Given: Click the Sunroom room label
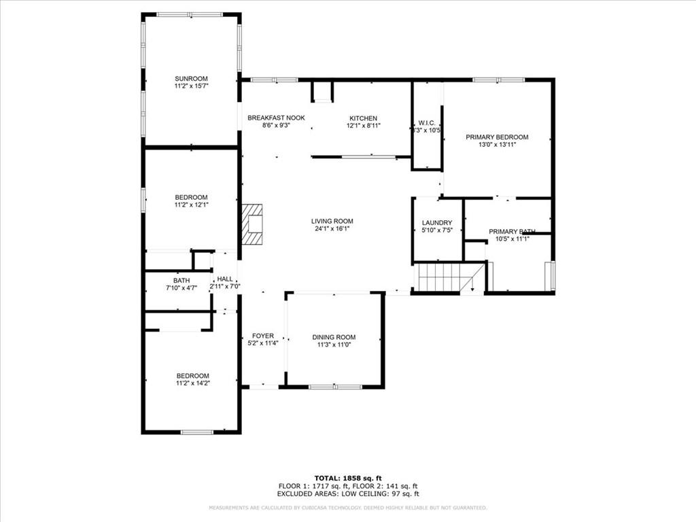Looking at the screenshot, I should [x=190, y=78].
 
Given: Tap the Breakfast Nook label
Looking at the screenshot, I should [x=276, y=118].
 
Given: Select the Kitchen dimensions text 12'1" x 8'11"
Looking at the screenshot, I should [x=363, y=126].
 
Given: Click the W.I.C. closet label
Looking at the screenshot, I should [x=417, y=123].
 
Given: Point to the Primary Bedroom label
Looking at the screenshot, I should [x=497, y=137].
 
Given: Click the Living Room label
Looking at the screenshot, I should [x=332, y=221].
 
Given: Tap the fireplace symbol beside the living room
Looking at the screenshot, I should [x=253, y=224].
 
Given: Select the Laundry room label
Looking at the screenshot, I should [x=437, y=222].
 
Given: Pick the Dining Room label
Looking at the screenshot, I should [x=334, y=337].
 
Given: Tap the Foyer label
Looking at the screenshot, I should [x=262, y=336].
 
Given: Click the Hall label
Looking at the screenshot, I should [x=224, y=279].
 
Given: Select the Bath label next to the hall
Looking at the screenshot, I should [x=181, y=280].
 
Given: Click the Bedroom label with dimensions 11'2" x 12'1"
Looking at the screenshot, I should [x=190, y=197].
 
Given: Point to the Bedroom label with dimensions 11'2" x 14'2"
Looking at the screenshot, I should [x=192, y=376].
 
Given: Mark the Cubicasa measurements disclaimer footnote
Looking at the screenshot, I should [x=347, y=508].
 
